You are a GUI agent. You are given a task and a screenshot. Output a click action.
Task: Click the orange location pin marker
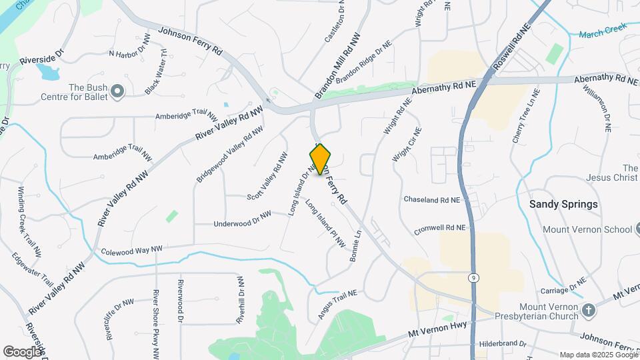pyautogui.click(x=320, y=159)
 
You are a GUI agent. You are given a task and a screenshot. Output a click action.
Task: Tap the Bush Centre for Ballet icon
pyautogui.click(x=118, y=91)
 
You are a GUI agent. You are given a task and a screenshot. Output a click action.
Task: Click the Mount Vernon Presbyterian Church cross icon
pyautogui.click(x=588, y=310)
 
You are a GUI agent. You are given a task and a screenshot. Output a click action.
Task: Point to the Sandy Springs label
pyautogui.click(x=563, y=204)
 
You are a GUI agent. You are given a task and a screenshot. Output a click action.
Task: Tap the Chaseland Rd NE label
pyautogui.click(x=432, y=199)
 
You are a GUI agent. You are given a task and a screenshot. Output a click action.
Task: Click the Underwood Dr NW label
pyautogui.click(x=242, y=219)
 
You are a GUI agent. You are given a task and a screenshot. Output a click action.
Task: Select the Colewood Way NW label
pyautogui.click(x=131, y=251)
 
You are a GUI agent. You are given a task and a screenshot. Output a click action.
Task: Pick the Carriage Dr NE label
pyautogui.click(x=562, y=285)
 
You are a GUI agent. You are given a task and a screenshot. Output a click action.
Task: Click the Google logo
pyautogui.click(x=22, y=351)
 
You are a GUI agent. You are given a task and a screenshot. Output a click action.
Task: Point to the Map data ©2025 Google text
pyautogui.click(x=599, y=355)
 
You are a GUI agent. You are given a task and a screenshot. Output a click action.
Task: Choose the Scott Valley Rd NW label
pyautogui.click(x=267, y=175)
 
